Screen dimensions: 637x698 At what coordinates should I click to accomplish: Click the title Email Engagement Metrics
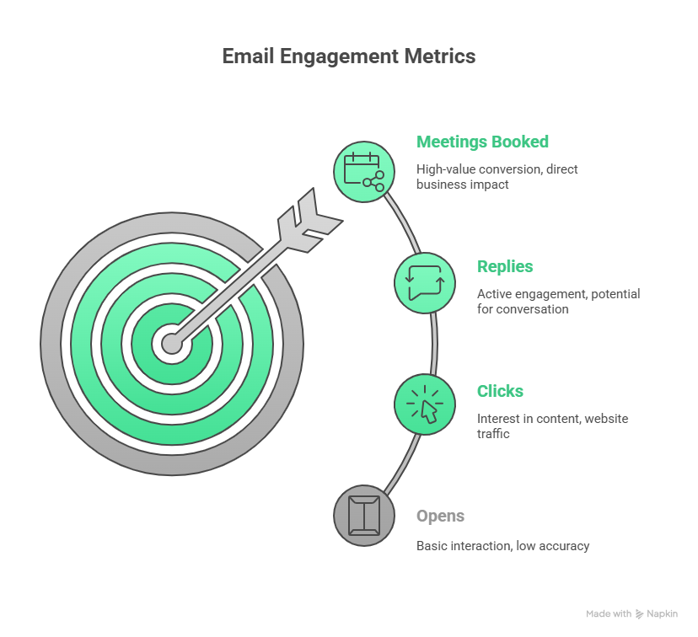tap(348, 56)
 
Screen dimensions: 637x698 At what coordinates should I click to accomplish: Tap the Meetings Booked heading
tap(482, 142)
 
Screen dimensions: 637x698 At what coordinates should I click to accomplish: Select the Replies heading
tap(505, 266)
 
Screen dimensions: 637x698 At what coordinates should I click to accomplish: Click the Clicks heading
tap(500, 391)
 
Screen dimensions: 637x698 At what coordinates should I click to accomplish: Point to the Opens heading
tap(440, 516)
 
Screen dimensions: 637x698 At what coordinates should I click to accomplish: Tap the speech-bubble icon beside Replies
tap(425, 283)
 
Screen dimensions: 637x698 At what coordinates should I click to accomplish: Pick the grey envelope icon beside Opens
tap(364, 515)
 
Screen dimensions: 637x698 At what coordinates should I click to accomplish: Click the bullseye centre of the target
tap(172, 344)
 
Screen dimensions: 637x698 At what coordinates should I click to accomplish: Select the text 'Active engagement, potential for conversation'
tap(558, 301)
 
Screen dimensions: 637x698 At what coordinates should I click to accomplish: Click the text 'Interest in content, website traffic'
tap(552, 426)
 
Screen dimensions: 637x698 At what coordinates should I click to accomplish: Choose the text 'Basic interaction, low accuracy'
tap(502, 546)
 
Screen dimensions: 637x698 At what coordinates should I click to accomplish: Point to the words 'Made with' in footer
tap(609, 614)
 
